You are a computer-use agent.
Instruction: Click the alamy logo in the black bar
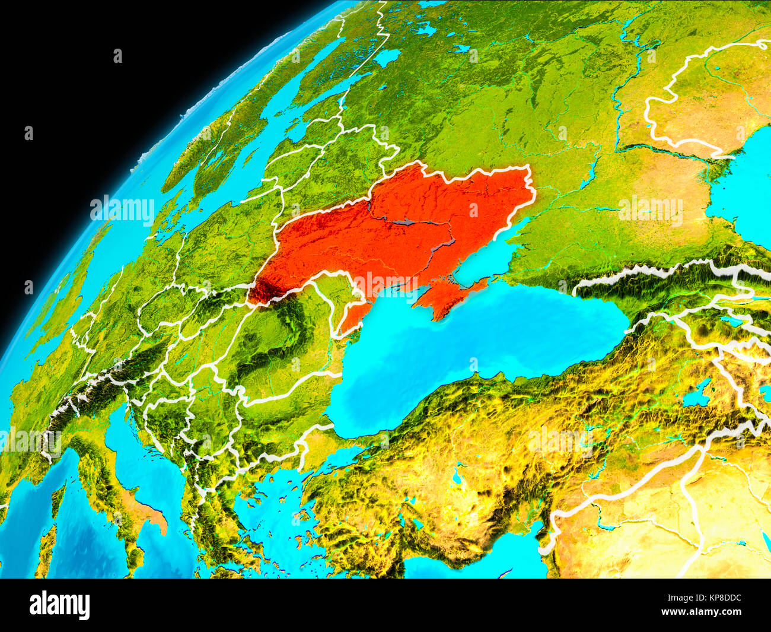[x=59, y=605]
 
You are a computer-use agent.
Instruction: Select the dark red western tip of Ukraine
[x=259, y=291]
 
